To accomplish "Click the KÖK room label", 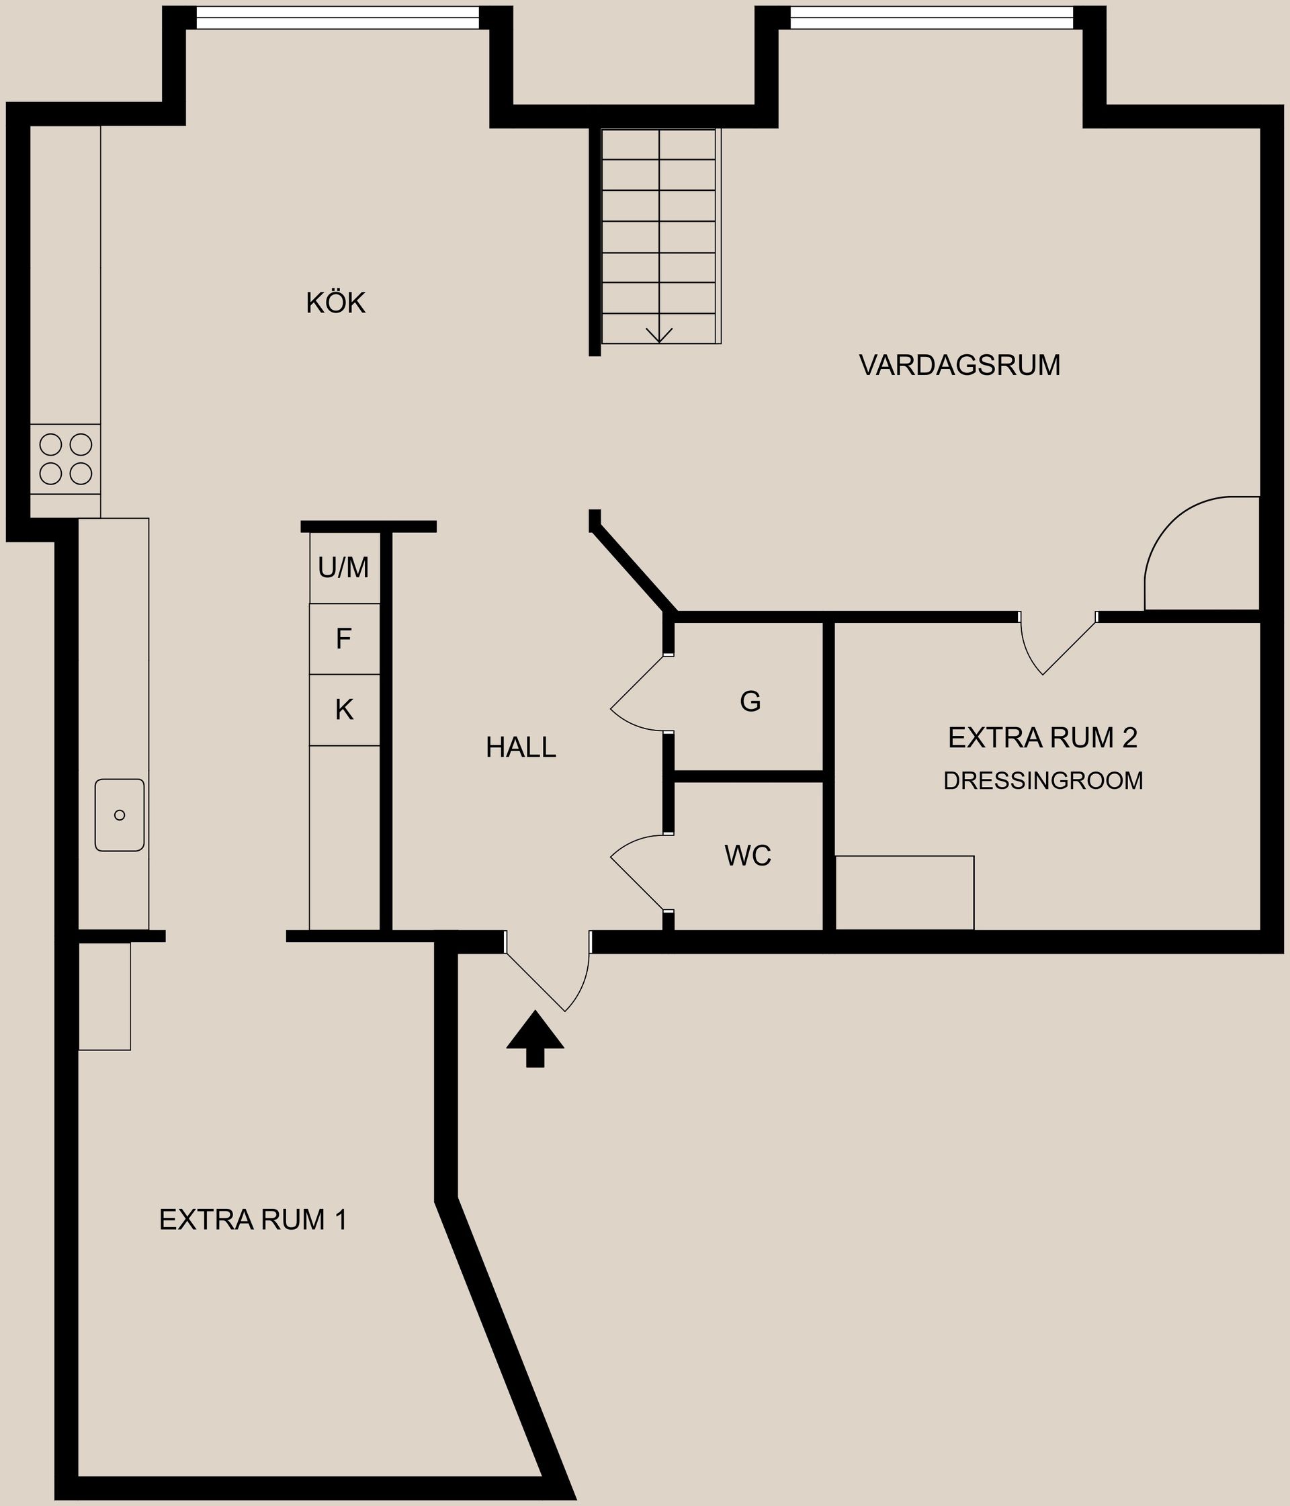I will click(335, 303).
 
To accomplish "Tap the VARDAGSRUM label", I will click(959, 365).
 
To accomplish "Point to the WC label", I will click(747, 856).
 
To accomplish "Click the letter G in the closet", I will click(750, 702).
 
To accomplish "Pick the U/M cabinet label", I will click(343, 568).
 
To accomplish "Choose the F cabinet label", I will click(344, 639).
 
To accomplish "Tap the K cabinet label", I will click(344, 710).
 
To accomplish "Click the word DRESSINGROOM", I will click(1043, 781).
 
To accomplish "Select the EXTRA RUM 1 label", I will click(253, 1220).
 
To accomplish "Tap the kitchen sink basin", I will click(119, 814).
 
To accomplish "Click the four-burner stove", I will click(65, 458).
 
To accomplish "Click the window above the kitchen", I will click(337, 18).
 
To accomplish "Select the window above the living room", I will click(931, 18).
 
